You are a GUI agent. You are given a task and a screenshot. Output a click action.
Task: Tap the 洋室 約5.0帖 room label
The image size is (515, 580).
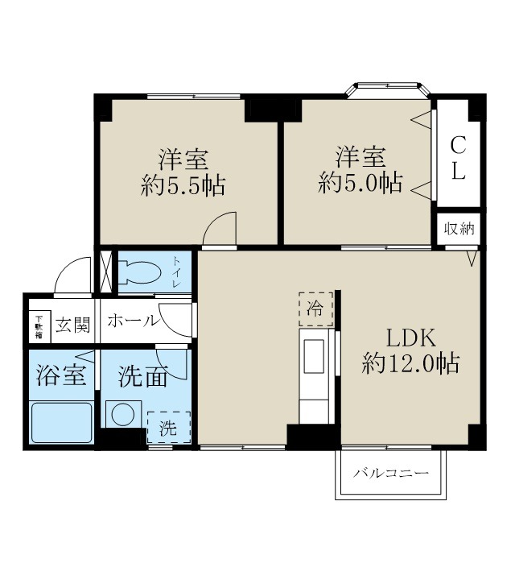click(360, 168)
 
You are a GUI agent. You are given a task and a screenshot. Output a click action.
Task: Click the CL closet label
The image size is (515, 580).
click(457, 159)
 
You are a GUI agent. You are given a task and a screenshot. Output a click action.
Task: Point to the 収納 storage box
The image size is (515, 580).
click(459, 229)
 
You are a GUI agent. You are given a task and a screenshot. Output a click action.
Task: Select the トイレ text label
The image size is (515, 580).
click(177, 273)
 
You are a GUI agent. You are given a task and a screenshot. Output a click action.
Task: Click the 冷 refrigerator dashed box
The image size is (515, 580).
click(315, 308)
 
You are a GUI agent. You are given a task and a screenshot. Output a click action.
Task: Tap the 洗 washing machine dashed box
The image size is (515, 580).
click(167, 428)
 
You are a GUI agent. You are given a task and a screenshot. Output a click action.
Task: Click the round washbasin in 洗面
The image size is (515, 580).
click(124, 414)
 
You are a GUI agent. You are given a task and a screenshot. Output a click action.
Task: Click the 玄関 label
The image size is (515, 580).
click(72, 325)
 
